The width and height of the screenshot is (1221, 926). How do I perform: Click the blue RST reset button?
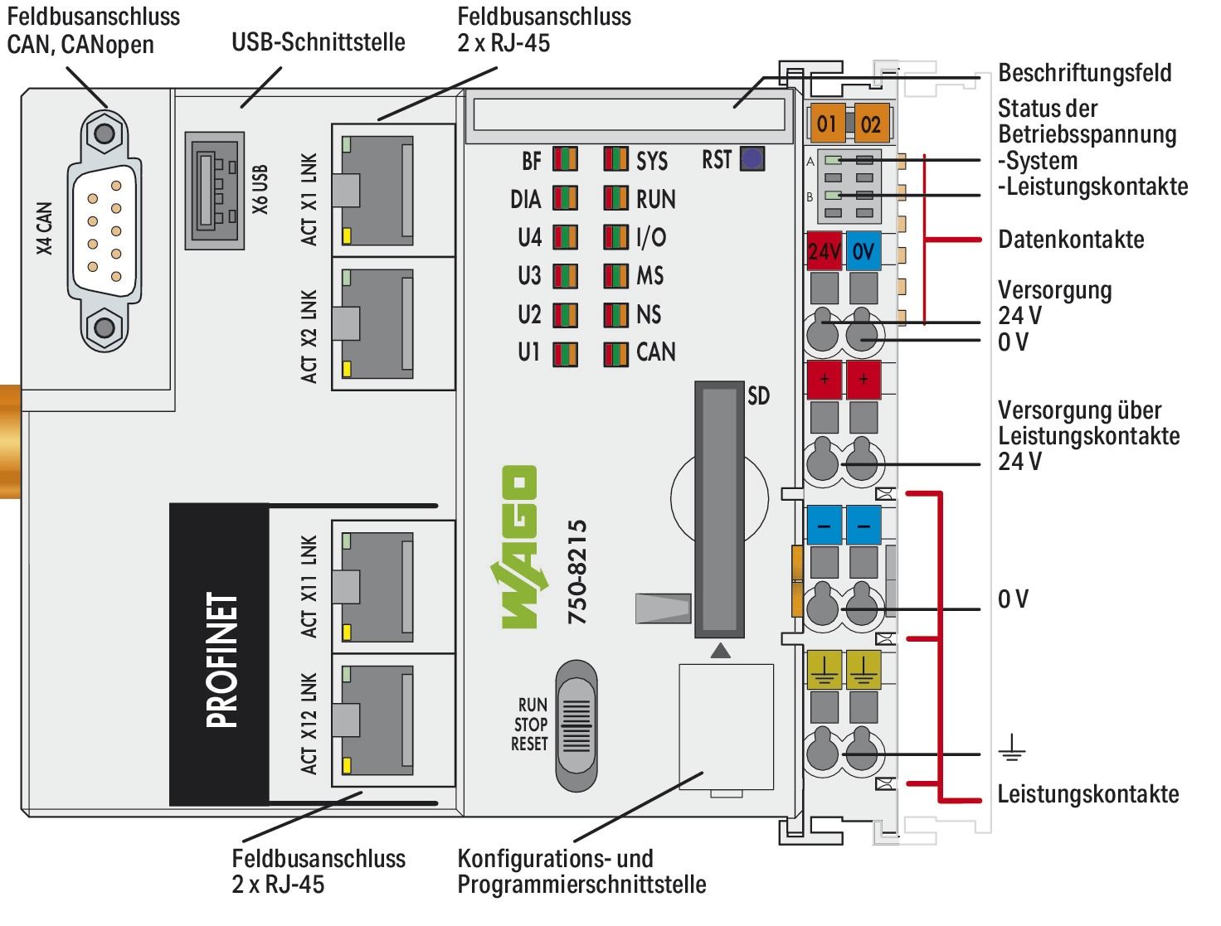click(x=752, y=159)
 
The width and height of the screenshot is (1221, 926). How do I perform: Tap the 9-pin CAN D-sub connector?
click(x=104, y=230)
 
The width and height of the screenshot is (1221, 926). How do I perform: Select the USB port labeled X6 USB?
click(x=215, y=190)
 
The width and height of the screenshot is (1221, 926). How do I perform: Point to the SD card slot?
click(x=719, y=509)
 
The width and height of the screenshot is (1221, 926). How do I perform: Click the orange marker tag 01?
click(x=827, y=124)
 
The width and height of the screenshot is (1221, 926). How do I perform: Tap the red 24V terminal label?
click(x=824, y=250)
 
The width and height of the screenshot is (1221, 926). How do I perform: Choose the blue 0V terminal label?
click(x=863, y=250)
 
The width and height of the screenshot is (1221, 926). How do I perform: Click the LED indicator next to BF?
click(x=565, y=160)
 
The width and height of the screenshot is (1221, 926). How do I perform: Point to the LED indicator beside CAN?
click(x=615, y=353)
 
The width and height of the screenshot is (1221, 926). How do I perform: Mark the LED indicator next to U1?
click(x=565, y=353)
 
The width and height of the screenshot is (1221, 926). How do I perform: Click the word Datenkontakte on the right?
click(x=1070, y=240)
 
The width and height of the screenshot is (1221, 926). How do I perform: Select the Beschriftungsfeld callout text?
click(x=1084, y=73)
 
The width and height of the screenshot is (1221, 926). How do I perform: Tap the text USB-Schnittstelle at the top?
click(x=319, y=41)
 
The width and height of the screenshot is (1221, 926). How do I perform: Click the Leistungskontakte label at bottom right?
click(x=1087, y=794)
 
